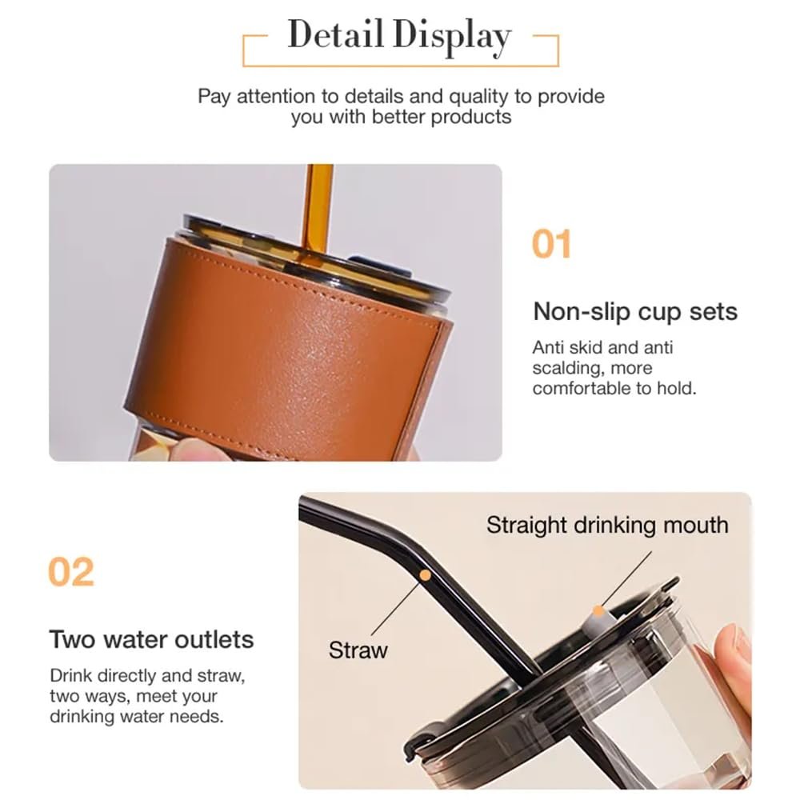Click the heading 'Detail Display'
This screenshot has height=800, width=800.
399,35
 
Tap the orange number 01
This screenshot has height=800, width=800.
551,244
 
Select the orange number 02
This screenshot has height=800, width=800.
71,572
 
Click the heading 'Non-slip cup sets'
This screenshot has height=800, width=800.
635,311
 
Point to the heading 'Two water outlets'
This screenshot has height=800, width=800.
151,639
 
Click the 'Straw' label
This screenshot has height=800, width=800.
358,650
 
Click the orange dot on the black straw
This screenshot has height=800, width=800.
425,575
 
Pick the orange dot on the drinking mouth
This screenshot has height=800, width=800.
598,610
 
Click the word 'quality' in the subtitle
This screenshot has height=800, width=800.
478,97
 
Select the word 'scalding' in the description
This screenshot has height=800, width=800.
567,368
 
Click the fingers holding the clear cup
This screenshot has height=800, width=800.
734,668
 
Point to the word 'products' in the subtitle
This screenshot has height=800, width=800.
471,118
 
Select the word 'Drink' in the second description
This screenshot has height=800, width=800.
71,675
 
